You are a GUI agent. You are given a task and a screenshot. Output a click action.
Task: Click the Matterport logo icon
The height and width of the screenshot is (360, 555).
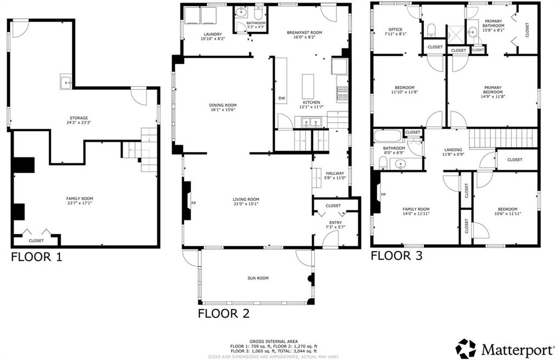coord(466,348)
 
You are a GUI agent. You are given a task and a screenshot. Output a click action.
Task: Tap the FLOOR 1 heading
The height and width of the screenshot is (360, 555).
coord(37,256)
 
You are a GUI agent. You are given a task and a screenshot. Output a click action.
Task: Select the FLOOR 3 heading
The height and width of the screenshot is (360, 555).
coord(396,255)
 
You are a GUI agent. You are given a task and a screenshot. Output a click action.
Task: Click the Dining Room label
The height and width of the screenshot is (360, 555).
coord(223,105)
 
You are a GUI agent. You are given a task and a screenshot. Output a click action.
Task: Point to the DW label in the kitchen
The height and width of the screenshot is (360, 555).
coord(282,99)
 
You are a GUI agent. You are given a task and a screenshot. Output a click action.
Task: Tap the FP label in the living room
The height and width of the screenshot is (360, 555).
coord(193,203)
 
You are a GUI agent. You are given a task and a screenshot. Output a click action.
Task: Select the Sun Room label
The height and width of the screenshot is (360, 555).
coord(258,278)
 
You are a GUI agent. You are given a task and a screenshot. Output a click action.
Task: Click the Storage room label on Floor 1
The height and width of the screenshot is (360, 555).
coord(79,118)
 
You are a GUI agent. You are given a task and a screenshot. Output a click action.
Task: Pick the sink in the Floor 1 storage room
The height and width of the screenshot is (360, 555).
coord(66,82)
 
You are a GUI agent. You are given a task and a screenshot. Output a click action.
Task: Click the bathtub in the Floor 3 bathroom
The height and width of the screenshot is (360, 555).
coord(388,136)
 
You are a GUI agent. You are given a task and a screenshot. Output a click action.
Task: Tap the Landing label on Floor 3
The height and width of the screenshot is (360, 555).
coord(453,150)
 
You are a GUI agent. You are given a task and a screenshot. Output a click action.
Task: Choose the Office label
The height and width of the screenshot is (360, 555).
coord(395,30)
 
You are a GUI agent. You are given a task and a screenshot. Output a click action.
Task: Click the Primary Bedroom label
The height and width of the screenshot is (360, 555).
coord(493,90)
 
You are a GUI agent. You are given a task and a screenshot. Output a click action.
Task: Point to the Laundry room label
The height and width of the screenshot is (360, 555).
coord(213,34)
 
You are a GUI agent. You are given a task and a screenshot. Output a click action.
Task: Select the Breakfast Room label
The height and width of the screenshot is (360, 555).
coord(305,33)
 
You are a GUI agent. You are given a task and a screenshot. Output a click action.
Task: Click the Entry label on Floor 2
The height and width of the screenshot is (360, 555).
coord(335,223)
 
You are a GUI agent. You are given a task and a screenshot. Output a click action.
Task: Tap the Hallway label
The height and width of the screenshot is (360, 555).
coord(335,173)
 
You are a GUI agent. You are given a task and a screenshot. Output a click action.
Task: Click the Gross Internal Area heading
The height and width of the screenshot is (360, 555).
coord(274,342)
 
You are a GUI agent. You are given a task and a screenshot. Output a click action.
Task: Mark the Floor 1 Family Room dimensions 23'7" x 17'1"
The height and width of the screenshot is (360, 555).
coord(80,203)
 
